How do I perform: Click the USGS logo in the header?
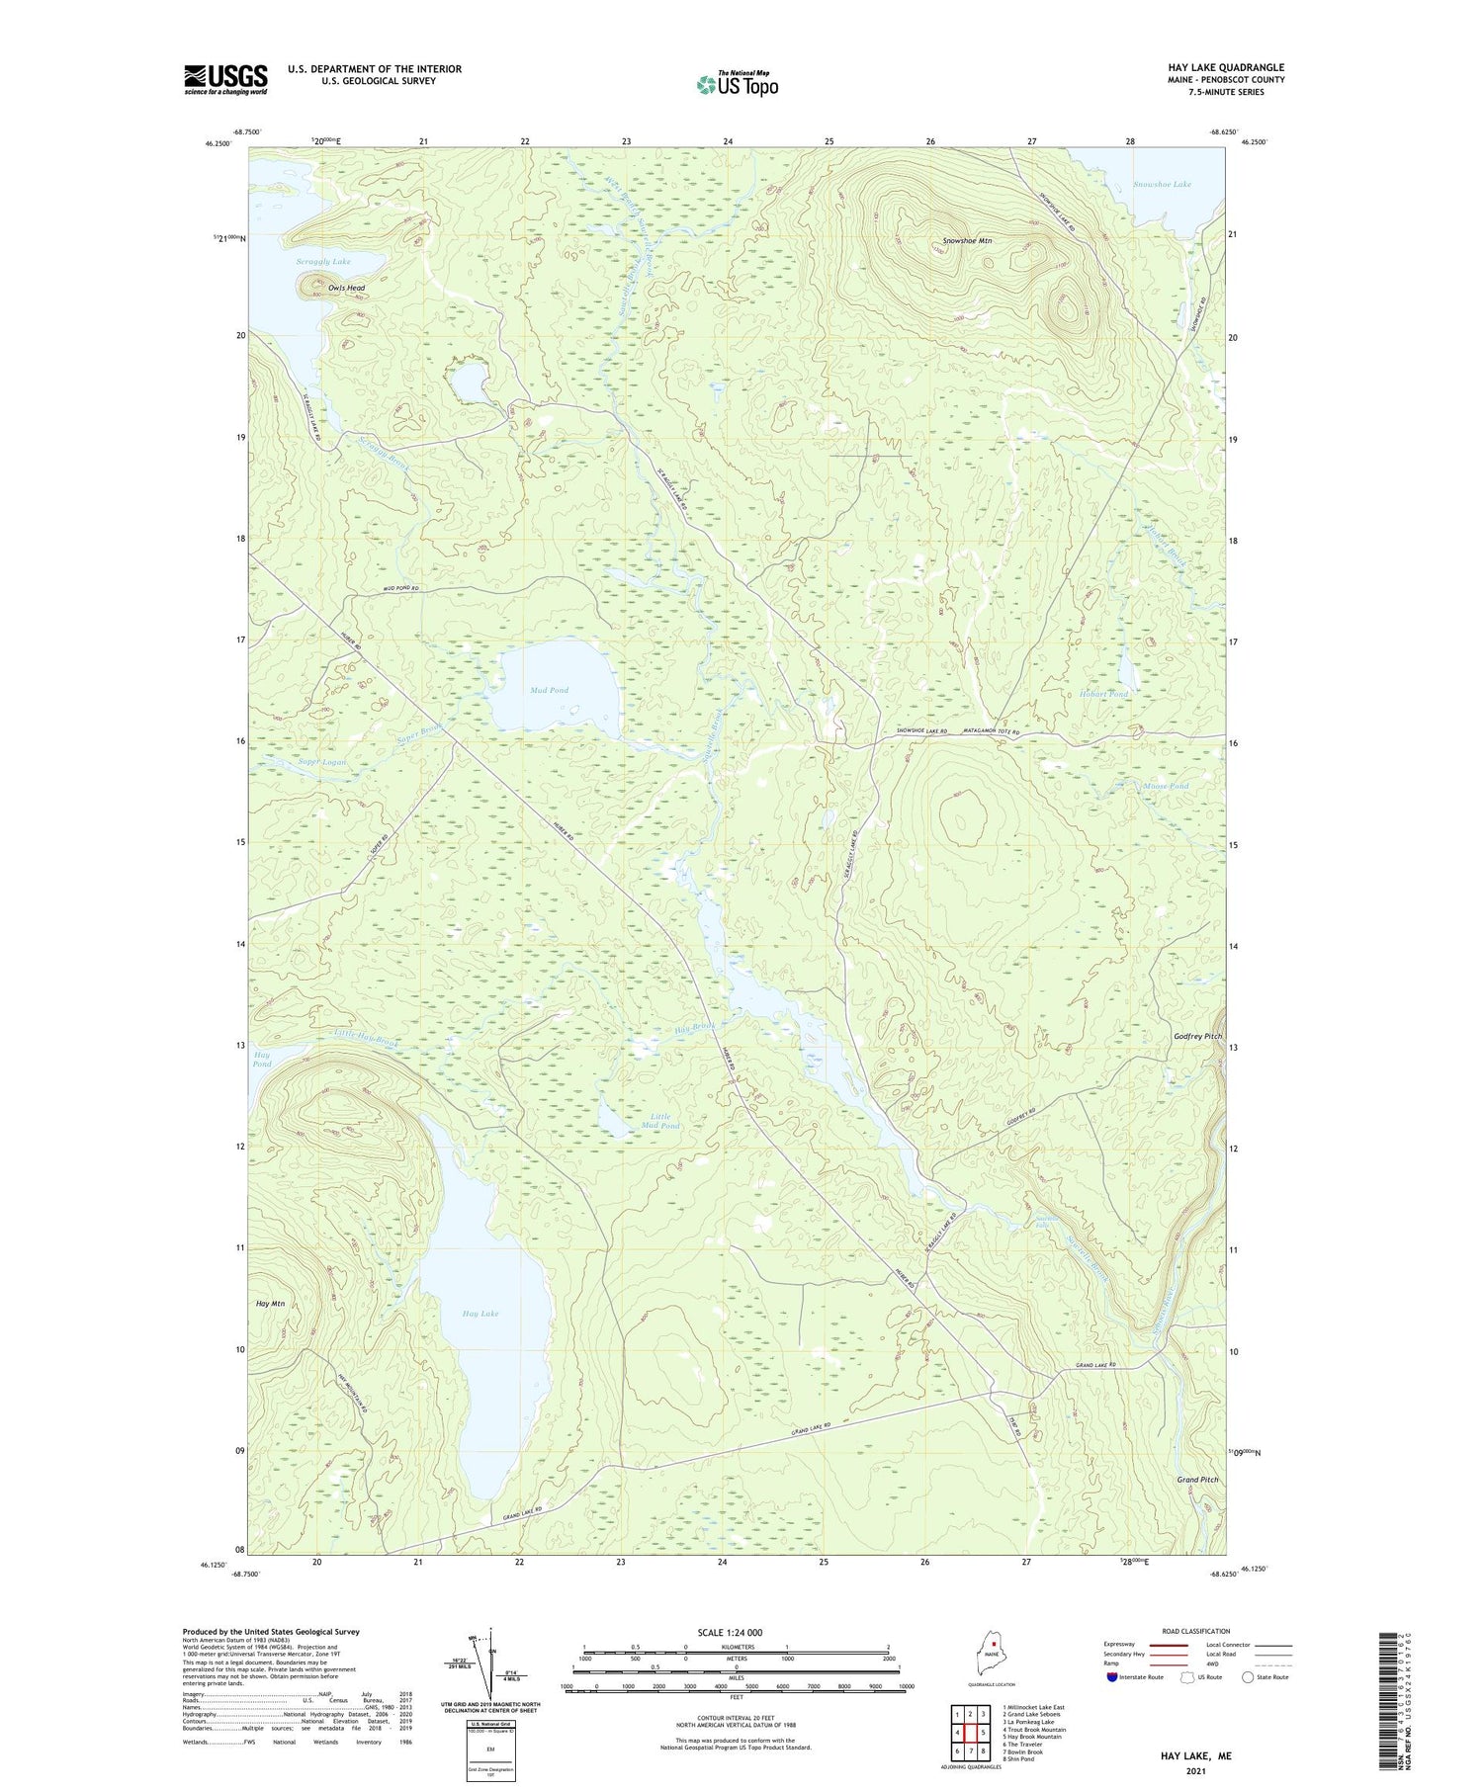pos(225,79)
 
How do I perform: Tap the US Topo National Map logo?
pos(737,84)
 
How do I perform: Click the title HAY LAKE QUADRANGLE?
pos(1225,67)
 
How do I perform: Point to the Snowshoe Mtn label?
pos(967,240)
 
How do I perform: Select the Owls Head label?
pos(346,288)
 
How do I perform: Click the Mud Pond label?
pos(549,690)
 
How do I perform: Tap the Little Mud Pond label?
pos(659,1121)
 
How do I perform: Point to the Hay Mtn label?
pos(270,1304)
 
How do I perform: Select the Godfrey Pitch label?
pos(1197,1036)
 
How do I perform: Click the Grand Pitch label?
pos(1197,1480)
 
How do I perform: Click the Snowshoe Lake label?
pos(1162,184)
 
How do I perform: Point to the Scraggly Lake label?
pos(323,262)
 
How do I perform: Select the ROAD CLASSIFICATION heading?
pos(1196,1631)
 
